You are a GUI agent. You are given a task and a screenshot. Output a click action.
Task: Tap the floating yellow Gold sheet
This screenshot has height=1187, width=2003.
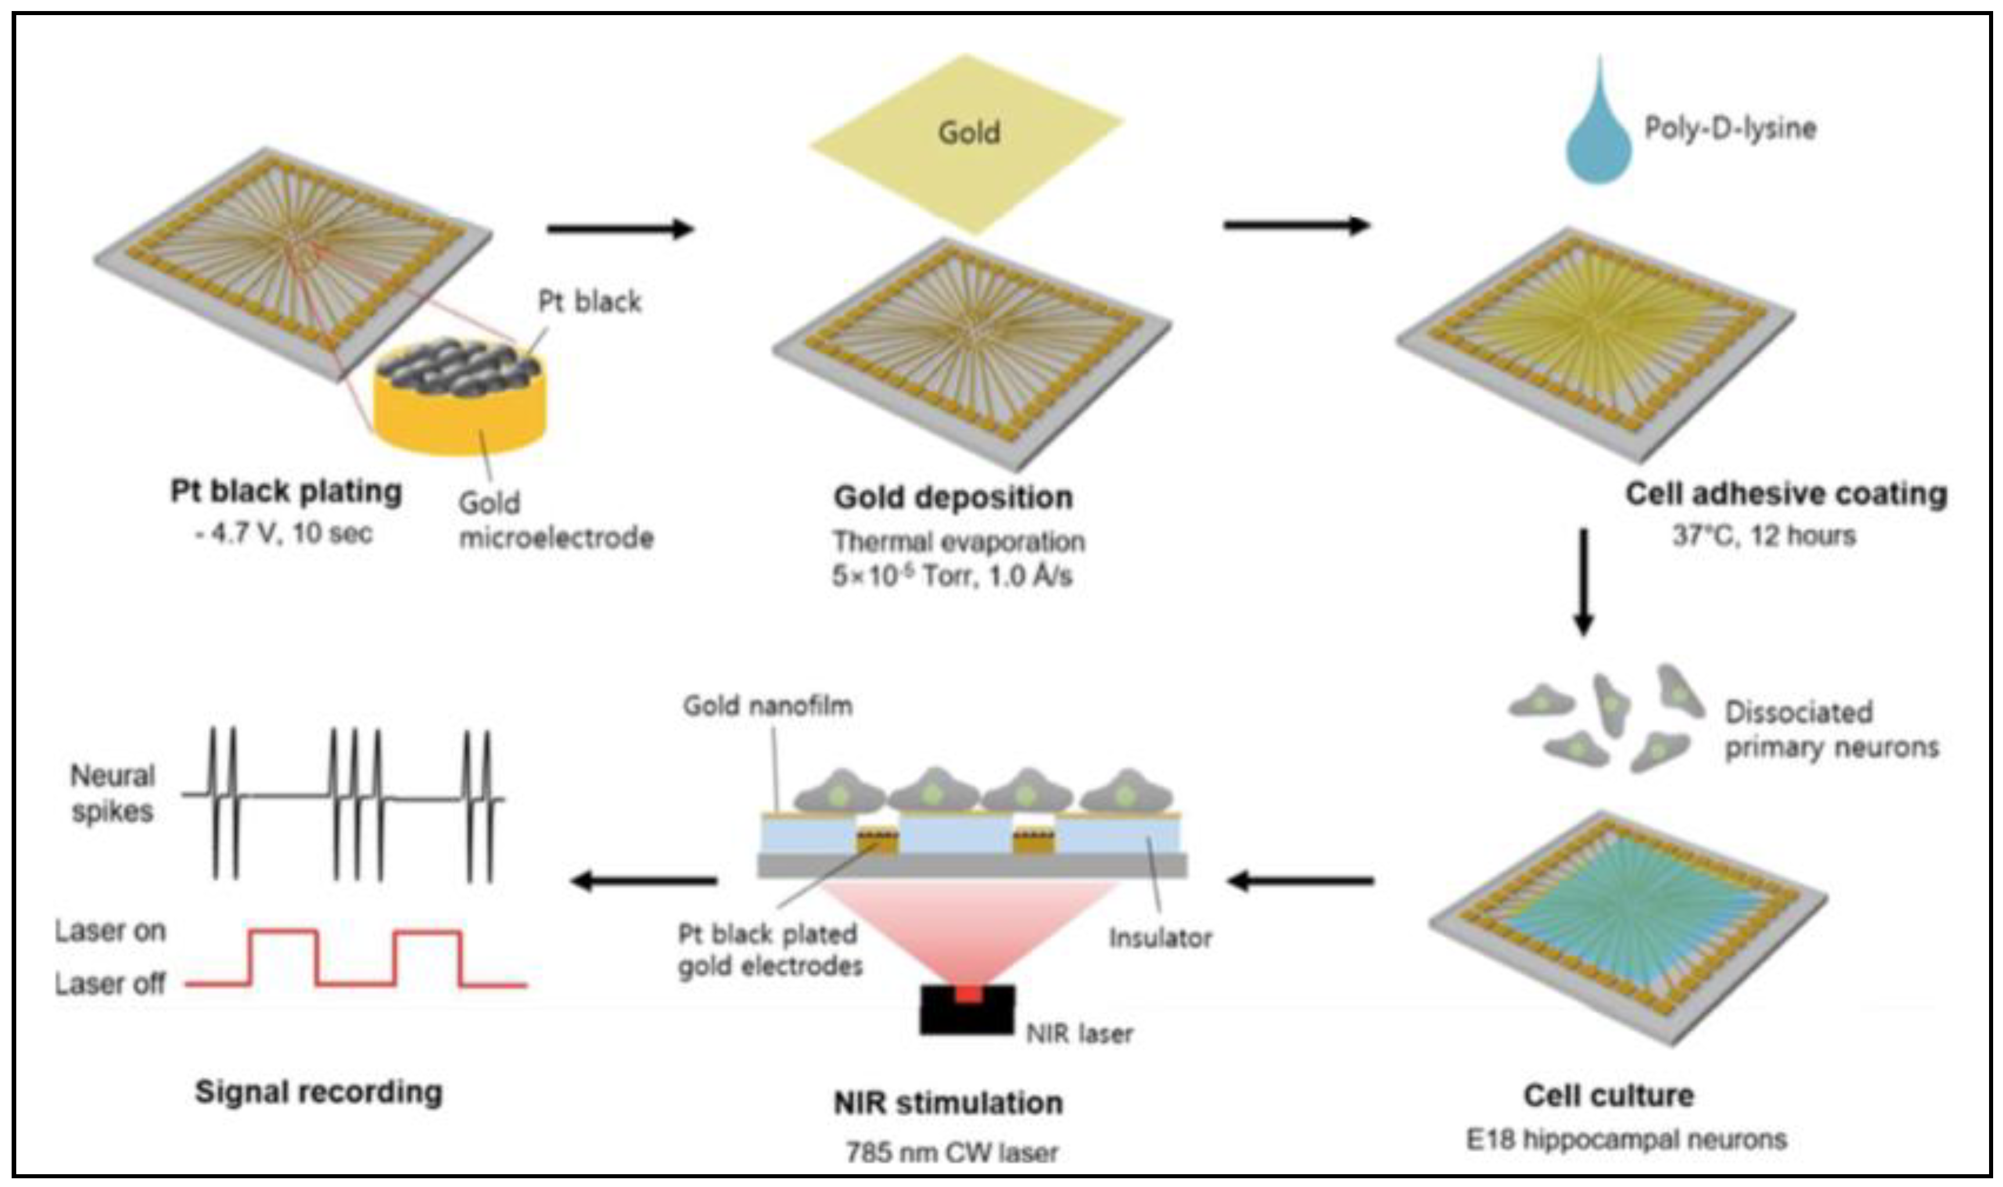point(968,128)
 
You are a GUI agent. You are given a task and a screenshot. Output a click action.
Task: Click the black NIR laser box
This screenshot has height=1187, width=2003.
point(968,1009)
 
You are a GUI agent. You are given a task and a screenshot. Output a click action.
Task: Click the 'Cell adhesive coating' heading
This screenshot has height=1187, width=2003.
point(1786,493)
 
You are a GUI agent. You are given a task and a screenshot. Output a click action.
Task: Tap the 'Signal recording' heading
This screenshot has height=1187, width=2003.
point(318,1092)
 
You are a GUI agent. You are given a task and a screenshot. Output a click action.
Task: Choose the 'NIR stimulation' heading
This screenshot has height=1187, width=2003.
point(947,1103)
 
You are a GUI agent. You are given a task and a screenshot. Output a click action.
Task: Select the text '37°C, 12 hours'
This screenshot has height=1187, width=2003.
point(1763,535)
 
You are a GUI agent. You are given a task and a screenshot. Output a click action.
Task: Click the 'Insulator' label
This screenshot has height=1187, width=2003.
point(1160,937)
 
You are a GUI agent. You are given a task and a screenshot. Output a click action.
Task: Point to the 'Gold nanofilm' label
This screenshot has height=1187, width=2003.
point(767,705)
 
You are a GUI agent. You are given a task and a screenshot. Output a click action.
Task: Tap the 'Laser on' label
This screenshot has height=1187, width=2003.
point(110,931)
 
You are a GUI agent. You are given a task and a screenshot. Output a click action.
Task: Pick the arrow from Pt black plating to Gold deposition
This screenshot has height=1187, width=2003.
point(620,229)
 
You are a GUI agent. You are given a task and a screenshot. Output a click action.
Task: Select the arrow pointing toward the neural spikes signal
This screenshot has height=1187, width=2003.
point(644,881)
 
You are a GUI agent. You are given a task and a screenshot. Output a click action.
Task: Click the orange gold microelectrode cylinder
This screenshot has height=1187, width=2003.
point(460,416)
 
